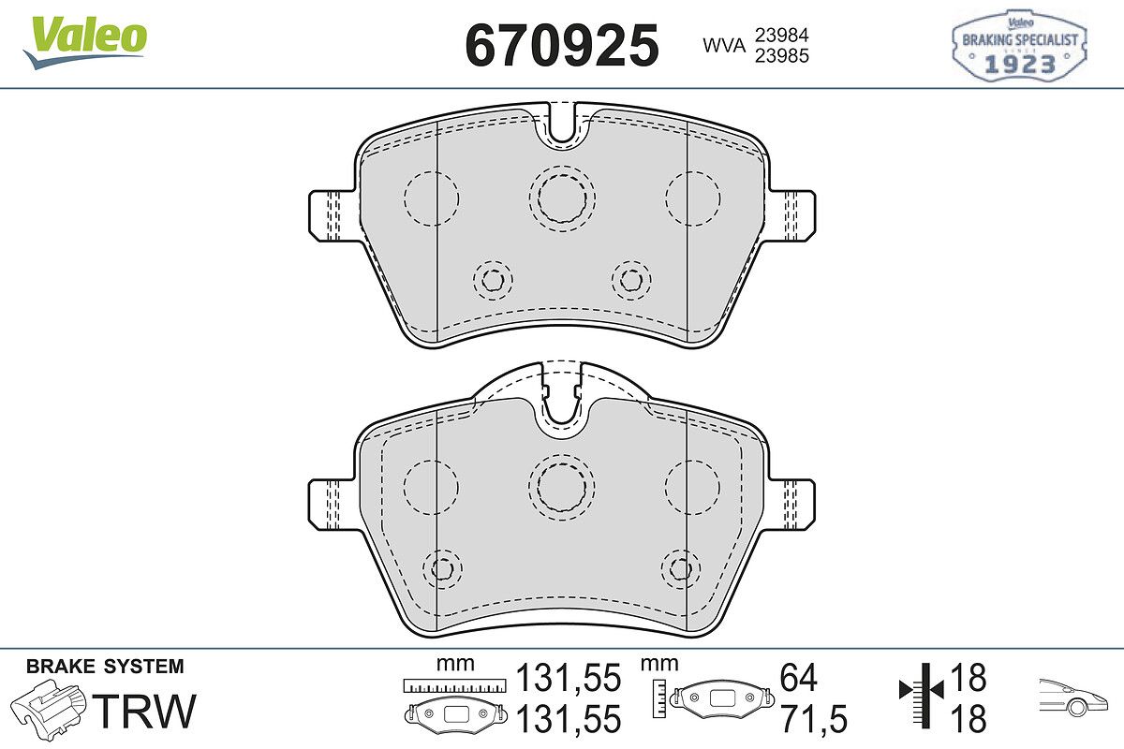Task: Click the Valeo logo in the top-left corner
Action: pyautogui.click(x=85, y=42)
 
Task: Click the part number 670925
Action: pyautogui.click(x=562, y=46)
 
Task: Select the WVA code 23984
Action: pyautogui.click(x=782, y=36)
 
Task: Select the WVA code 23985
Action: pyautogui.click(x=782, y=55)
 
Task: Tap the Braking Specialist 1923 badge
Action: pyautogui.click(x=1019, y=46)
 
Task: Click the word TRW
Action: pyautogui.click(x=145, y=711)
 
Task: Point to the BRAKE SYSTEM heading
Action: pyautogui.click(x=105, y=667)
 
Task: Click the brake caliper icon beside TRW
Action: pyautogui.click(x=48, y=708)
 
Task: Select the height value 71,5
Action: pyautogui.click(x=813, y=719)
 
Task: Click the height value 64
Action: pyautogui.click(x=799, y=677)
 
